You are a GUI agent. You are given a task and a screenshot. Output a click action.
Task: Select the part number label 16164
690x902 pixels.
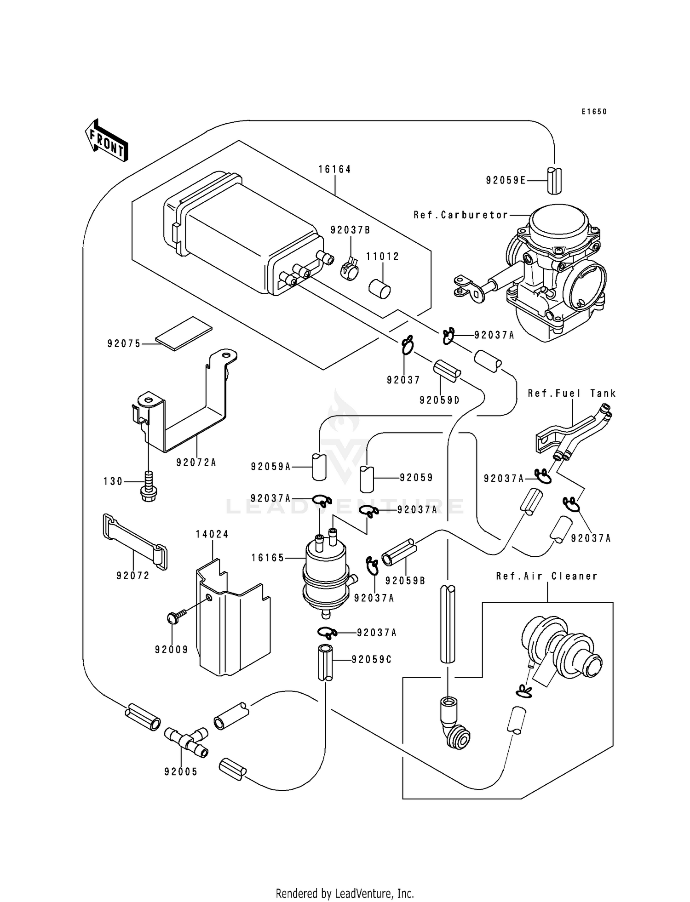334,169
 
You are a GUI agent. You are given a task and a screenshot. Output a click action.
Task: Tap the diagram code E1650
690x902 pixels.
594,112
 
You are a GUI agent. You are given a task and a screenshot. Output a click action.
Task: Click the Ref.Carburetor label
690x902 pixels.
460,215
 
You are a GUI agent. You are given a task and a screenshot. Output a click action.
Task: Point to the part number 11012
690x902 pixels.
383,257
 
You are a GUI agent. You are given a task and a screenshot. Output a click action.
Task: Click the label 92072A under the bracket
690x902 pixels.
196,462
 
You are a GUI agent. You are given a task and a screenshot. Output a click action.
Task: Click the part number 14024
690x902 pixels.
212,534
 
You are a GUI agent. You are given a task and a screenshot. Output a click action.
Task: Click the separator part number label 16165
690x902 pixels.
268,558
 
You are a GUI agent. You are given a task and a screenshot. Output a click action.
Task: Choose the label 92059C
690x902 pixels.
371,659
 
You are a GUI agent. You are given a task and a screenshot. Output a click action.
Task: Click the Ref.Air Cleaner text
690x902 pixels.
546,576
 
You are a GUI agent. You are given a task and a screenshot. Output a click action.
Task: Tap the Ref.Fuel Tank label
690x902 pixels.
571,393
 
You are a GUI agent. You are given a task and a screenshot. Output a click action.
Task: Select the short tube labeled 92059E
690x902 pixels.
555,181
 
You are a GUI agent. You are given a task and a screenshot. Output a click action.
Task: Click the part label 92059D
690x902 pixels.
439,400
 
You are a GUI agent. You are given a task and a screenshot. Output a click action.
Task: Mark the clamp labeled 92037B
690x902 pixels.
351,271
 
